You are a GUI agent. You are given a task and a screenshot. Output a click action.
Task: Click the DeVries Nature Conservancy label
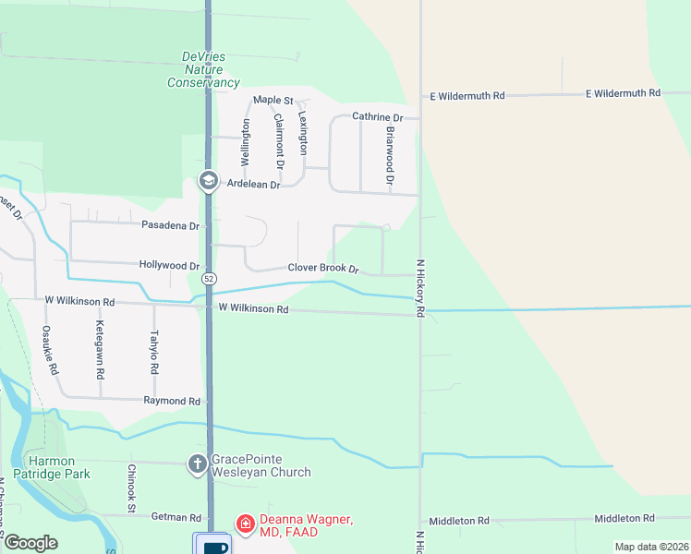[x=203, y=69]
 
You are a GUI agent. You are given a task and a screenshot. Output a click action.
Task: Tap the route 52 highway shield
[x=210, y=278]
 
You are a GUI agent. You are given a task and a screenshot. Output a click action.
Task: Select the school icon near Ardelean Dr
[x=208, y=181]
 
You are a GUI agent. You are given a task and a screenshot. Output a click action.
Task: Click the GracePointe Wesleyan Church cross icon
[x=197, y=464]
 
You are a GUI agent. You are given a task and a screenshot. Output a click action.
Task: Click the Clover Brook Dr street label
[x=322, y=268]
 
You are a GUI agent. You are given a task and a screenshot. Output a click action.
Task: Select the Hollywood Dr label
[x=169, y=265]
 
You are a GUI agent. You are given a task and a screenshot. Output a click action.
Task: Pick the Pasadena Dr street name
[x=170, y=225]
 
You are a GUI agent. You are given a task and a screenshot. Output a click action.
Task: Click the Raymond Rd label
[x=172, y=401]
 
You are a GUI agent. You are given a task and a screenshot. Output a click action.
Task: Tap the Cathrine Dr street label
[x=378, y=117]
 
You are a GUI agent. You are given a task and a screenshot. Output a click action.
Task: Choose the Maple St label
[x=273, y=100]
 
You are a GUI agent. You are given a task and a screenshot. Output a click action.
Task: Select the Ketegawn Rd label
[x=99, y=350]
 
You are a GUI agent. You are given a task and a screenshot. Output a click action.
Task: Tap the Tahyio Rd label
[x=154, y=352]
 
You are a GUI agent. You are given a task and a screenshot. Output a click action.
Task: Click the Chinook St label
[x=131, y=488]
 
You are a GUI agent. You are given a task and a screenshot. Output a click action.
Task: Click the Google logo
[x=30, y=543]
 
